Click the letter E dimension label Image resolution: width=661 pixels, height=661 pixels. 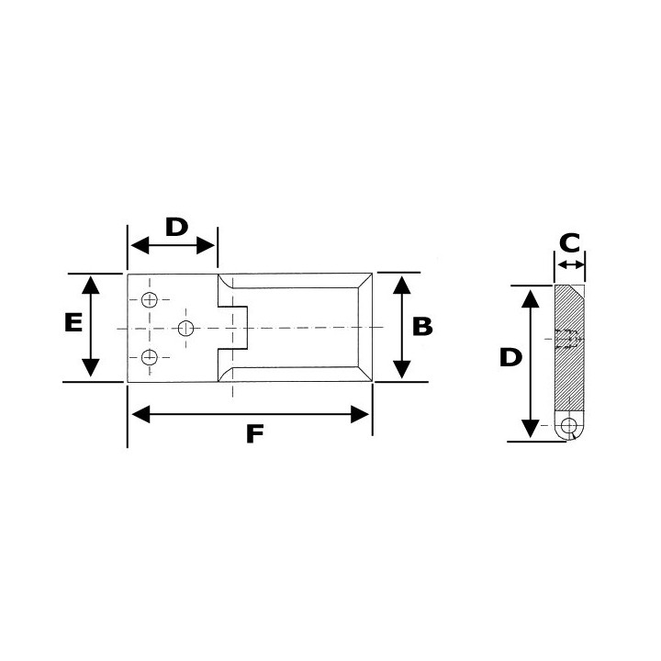[74, 322]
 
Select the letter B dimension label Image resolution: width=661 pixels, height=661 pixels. [421, 326]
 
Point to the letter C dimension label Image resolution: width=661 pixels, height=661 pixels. [570, 243]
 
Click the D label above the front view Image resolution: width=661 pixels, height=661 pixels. [175, 226]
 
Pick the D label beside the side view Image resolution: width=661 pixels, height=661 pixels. [510, 357]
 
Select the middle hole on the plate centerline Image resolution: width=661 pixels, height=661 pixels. [186, 329]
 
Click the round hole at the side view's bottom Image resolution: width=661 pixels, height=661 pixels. [571, 427]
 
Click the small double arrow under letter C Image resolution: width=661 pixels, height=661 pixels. [570, 265]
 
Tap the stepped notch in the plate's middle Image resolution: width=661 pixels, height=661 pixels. [232, 328]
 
